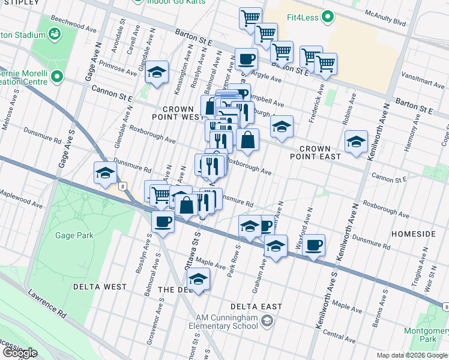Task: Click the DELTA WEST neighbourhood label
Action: tap(100, 287)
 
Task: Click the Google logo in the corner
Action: tap(20, 352)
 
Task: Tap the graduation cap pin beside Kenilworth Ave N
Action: tap(356, 142)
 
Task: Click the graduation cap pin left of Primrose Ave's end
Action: tap(157, 73)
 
